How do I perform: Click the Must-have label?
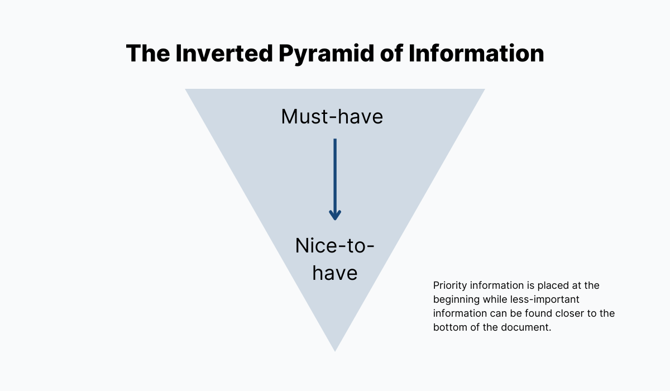(332, 117)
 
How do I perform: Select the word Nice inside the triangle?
(316, 246)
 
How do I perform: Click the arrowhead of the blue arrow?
(335, 214)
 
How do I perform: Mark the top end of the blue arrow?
(335, 140)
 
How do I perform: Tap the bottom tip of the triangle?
(335, 350)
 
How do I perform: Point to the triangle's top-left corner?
(186, 90)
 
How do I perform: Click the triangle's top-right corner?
(484, 90)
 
